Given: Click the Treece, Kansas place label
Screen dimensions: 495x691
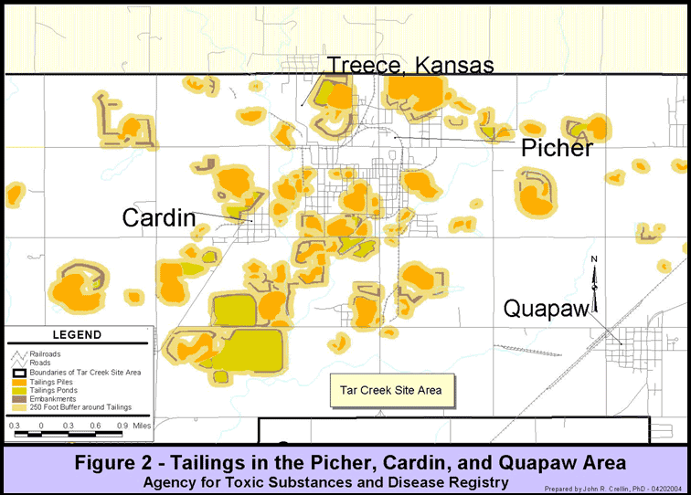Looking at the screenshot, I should point(410,65).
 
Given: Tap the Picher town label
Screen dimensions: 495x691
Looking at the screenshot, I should point(557,148).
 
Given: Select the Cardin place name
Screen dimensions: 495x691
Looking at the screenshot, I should point(159,217).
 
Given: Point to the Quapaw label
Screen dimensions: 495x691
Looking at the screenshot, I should point(546,310).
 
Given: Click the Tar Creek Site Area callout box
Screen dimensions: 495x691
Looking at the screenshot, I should point(390,390).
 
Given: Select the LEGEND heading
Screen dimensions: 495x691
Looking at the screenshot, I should point(77,335).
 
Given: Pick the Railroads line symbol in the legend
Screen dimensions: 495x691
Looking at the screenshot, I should point(19,353).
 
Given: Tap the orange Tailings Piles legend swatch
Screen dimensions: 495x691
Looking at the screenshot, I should point(19,381).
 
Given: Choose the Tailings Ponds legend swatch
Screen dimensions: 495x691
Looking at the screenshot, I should point(19,390).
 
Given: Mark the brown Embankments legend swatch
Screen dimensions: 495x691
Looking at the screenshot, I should point(19,398).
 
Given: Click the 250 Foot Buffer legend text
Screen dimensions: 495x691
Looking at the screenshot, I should point(82,407).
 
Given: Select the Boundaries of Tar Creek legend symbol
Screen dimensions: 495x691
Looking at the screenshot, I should point(19,372).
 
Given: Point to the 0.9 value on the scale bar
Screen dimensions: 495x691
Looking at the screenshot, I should point(122,426).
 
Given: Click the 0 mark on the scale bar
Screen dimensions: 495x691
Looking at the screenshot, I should point(41,426).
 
